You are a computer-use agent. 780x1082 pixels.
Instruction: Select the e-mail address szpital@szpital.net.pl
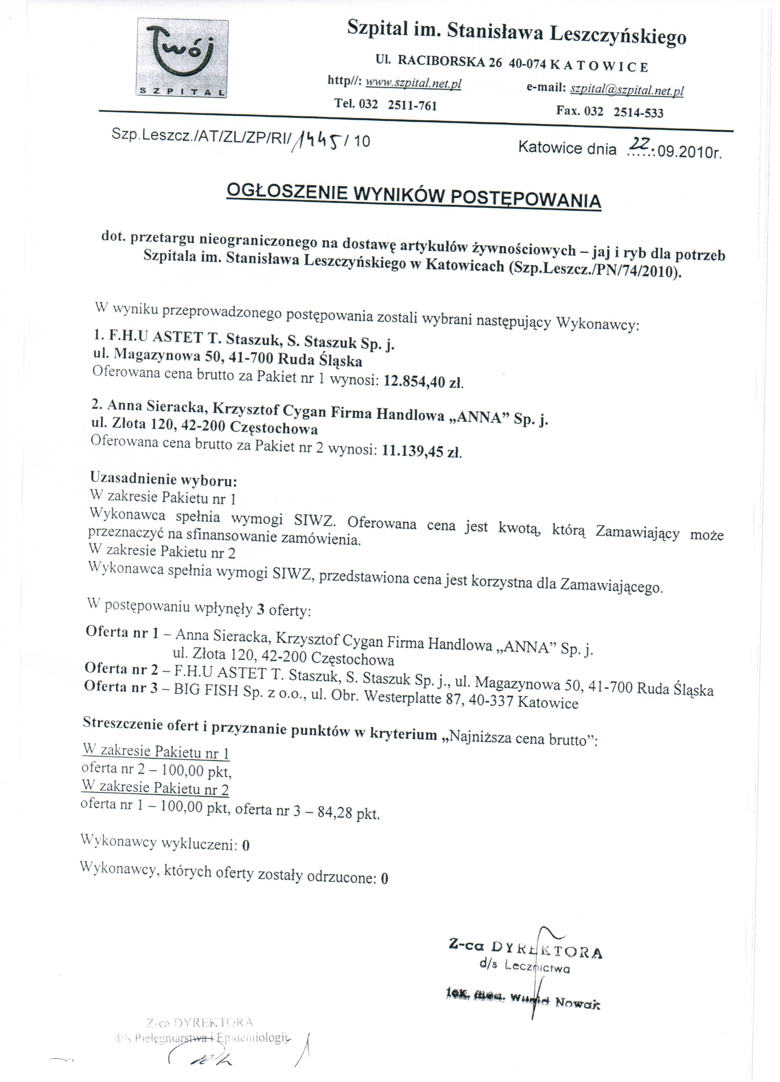click(627, 90)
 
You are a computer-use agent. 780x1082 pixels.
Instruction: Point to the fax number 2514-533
click(638, 113)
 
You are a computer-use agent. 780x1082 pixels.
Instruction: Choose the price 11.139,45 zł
click(421, 451)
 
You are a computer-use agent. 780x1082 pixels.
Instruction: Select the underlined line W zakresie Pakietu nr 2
click(155, 788)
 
